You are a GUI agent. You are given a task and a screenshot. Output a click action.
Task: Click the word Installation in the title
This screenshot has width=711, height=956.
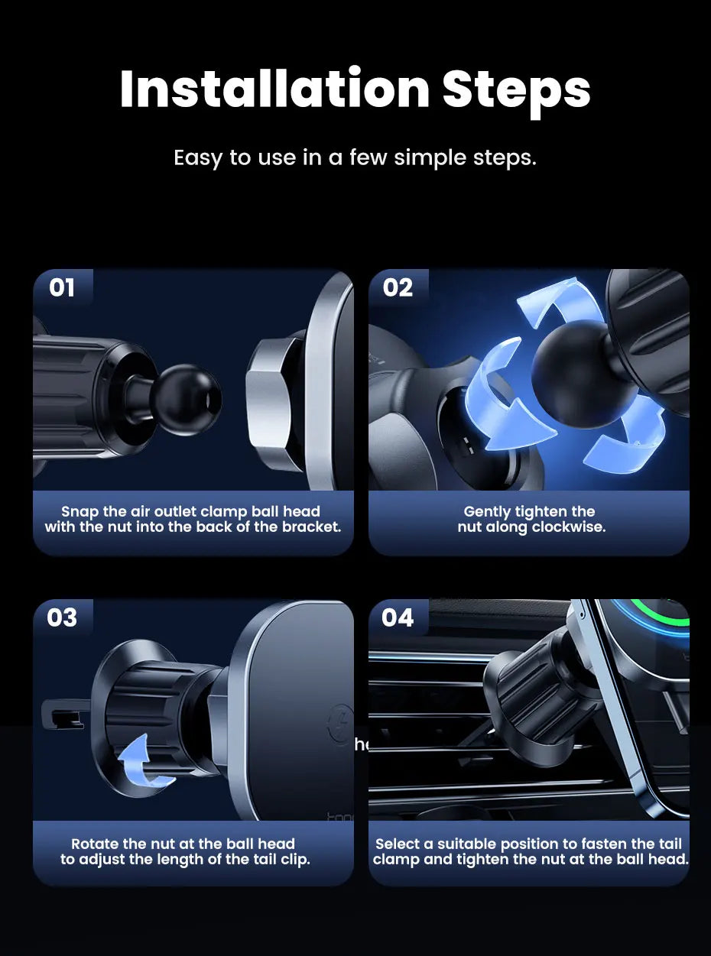(x=274, y=88)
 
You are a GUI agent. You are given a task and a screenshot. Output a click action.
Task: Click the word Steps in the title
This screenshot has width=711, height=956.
(x=516, y=92)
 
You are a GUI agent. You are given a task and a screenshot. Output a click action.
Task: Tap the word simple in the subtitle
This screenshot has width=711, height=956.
(x=431, y=158)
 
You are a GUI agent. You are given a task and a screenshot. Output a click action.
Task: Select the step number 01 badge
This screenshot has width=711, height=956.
(x=62, y=287)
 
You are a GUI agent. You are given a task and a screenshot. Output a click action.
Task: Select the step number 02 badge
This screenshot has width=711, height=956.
(x=398, y=287)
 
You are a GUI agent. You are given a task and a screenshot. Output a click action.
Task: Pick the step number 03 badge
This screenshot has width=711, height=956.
(x=62, y=617)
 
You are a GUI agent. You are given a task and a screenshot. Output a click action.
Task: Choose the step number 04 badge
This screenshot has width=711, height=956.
(x=398, y=617)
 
